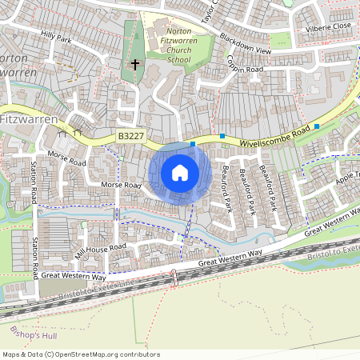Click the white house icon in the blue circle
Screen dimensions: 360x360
click(x=180, y=173)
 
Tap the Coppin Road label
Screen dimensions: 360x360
click(x=244, y=70)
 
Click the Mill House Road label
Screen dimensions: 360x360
click(x=101, y=254)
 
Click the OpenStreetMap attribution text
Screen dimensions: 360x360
click(x=81, y=354)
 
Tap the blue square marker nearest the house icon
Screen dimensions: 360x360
click(x=193, y=145)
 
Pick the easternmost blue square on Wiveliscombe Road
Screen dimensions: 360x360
click(x=317, y=126)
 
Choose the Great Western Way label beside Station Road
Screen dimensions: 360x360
click(x=74, y=275)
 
